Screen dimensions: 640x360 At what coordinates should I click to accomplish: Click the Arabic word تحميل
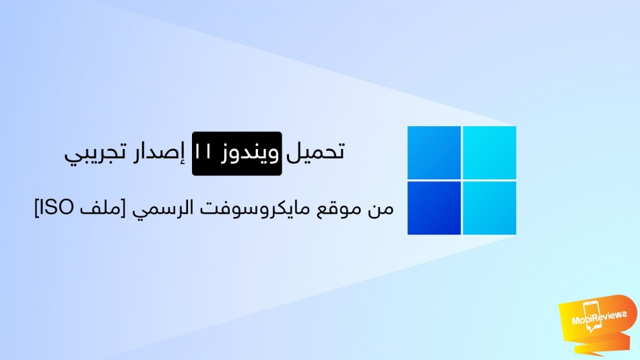click(315, 152)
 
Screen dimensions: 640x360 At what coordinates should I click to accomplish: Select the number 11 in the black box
click(203, 152)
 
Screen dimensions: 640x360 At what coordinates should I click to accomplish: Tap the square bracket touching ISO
click(37, 208)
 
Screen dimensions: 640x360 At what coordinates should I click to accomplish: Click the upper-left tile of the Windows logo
click(434, 152)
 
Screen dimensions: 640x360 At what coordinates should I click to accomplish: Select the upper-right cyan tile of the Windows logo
click(489, 152)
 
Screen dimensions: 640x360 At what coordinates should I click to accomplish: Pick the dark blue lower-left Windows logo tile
click(434, 208)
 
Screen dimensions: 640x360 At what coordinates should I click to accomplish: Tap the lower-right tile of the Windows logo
click(489, 208)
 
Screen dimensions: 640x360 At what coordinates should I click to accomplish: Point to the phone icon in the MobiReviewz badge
click(593, 316)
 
